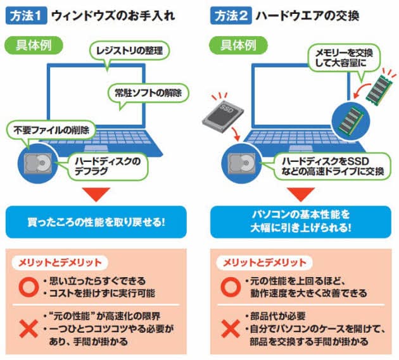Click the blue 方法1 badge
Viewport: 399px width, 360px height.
(24, 14)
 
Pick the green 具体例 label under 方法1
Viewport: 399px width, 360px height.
(30, 46)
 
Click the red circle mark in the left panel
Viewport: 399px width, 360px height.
(27, 285)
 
